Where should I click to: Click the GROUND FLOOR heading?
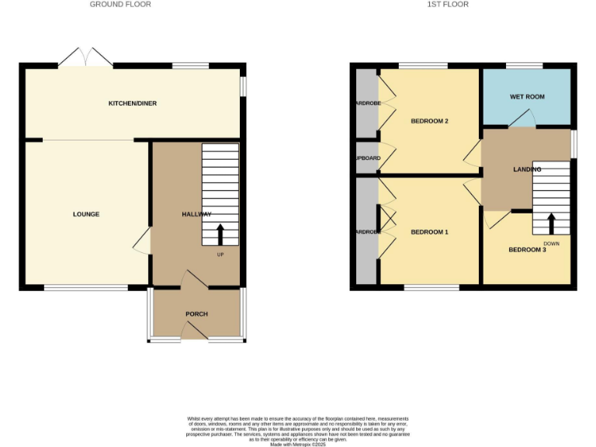(120, 5)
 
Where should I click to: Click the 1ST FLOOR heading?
(449, 5)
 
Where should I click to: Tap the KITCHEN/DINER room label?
(133, 103)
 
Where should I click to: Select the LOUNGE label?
(86, 214)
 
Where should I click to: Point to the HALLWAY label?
(196, 214)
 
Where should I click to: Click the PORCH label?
(196, 314)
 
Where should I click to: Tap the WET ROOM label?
(527, 97)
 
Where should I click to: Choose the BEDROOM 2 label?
(429, 121)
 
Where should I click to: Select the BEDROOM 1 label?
(429, 232)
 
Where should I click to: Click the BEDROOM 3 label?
(528, 250)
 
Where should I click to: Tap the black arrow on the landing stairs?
(551, 223)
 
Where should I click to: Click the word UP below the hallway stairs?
(220, 255)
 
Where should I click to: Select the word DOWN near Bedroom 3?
(551, 243)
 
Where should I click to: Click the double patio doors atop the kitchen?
(87, 57)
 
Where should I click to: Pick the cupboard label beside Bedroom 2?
(367, 158)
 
